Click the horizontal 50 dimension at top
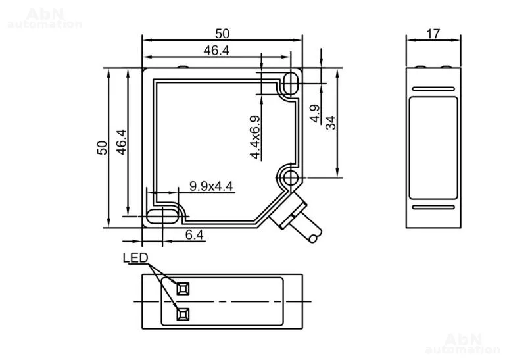[x=222, y=34]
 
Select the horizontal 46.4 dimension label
[x=216, y=51]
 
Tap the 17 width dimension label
[x=433, y=34]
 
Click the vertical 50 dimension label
[x=102, y=147]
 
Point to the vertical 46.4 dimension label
[x=121, y=142]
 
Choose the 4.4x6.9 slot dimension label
[x=255, y=138]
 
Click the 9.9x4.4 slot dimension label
[x=211, y=186]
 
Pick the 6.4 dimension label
[x=195, y=235]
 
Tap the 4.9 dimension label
[x=314, y=114]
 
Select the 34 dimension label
[x=331, y=123]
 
